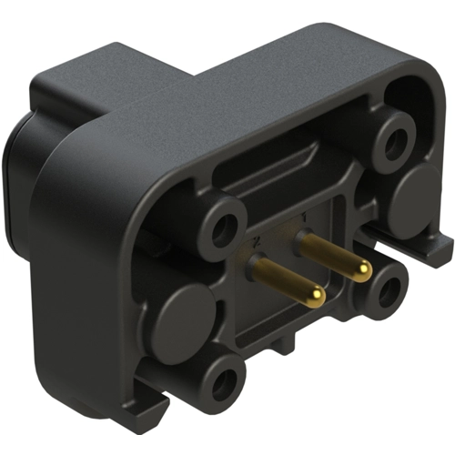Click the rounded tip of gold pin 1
(x=363, y=269)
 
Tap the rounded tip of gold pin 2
(x=316, y=296)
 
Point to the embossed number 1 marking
(x=301, y=217)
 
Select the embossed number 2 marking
(x=258, y=239)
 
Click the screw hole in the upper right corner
(x=396, y=141)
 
